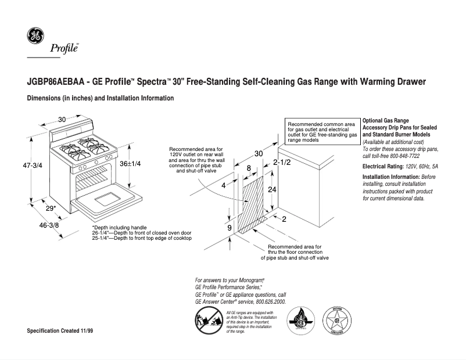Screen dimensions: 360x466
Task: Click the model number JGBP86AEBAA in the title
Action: (x=56, y=82)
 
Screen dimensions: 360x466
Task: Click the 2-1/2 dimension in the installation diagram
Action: (x=282, y=163)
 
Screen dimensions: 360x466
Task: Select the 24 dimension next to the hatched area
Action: (x=271, y=190)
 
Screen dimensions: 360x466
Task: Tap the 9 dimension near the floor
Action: (x=229, y=228)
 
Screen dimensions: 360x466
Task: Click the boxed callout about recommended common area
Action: (x=322, y=132)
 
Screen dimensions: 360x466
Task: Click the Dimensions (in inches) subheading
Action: (x=101, y=99)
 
